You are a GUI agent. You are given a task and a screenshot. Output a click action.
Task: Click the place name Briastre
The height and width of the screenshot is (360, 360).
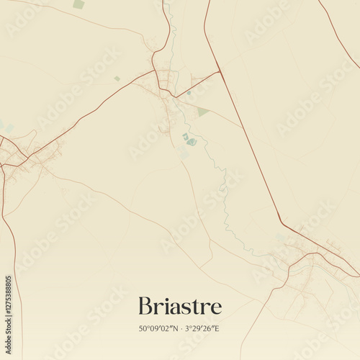pyautogui.click(x=179, y=305)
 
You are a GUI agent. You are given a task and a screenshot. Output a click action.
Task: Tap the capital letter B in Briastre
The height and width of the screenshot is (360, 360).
pyautogui.click(x=145, y=305)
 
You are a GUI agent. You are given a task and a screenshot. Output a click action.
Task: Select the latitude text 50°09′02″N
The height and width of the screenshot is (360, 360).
pyautogui.click(x=159, y=328)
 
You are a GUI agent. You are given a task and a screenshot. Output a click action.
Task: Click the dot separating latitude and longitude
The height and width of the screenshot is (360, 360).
pyautogui.click(x=180, y=328)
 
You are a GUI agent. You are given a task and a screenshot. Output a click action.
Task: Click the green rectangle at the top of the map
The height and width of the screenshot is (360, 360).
pyautogui.click(x=78, y=4)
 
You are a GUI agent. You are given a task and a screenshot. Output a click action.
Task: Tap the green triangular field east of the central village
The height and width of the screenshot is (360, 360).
pyautogui.click(x=202, y=112)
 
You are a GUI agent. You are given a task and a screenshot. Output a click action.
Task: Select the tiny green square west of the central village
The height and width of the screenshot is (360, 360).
pyautogui.click(x=117, y=78)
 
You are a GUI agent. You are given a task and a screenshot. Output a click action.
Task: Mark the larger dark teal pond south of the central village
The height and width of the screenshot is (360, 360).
pyautogui.click(x=192, y=142)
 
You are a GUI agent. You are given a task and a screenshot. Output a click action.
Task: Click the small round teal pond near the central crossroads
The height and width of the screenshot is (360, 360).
pyautogui.click(x=185, y=135)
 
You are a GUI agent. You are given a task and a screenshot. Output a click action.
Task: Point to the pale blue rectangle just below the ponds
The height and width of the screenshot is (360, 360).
pyautogui.click(x=184, y=153)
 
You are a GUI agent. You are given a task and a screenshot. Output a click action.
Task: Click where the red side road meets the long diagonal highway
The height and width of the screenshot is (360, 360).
pyautogui.click(x=219, y=71)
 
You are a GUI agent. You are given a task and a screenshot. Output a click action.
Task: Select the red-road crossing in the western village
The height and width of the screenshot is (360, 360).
pyautogui.click(x=22, y=159)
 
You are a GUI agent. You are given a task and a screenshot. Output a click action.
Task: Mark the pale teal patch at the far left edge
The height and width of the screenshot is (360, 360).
pyautogui.click(x=4, y=126)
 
